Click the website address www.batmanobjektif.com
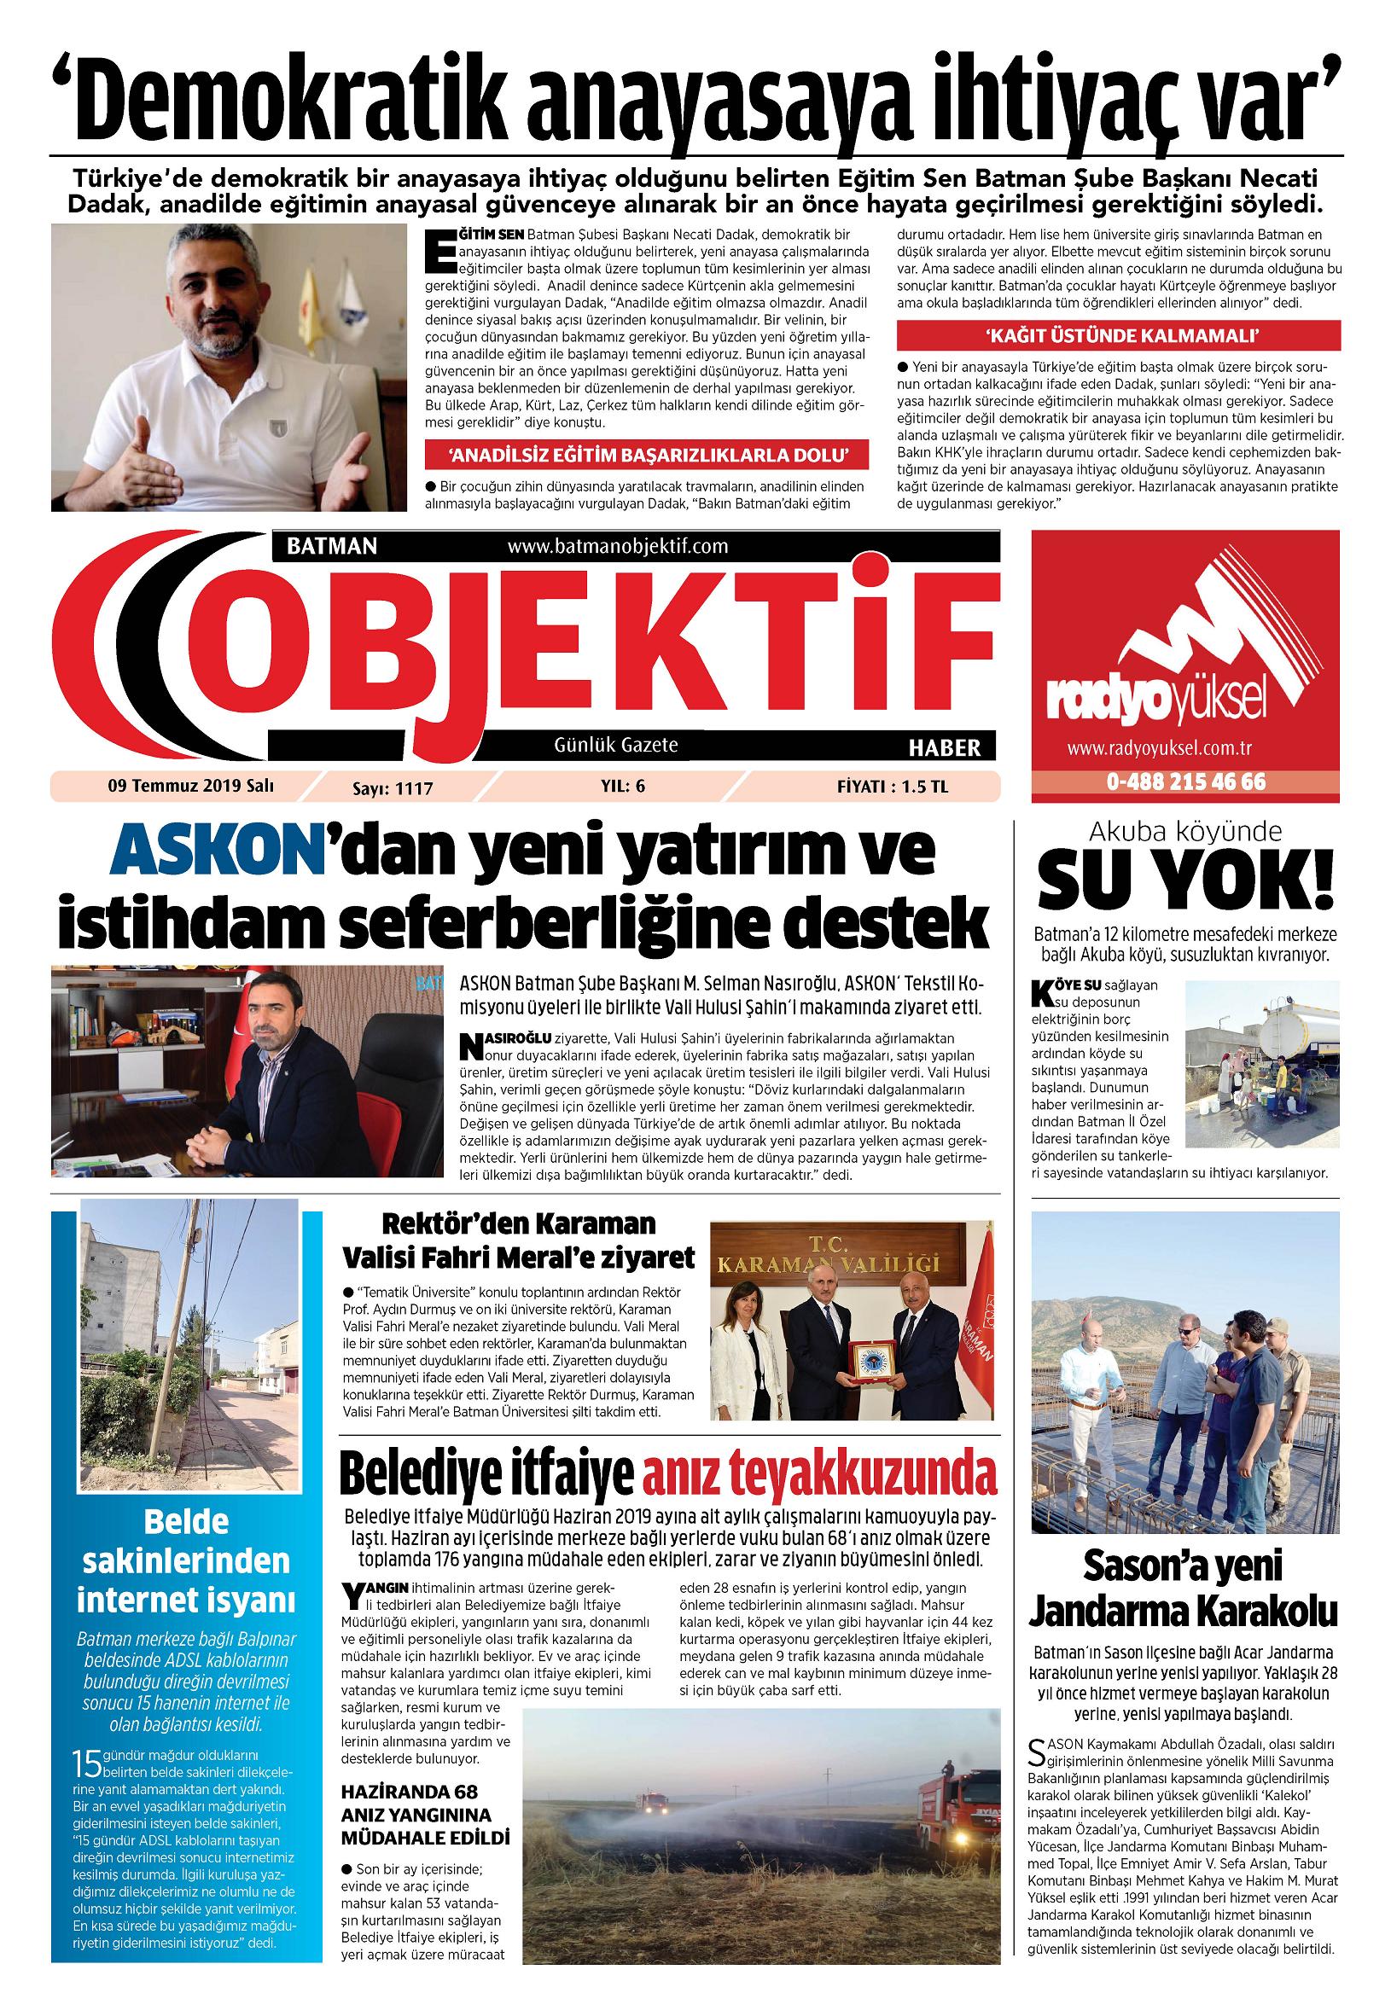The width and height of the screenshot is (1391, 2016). [x=616, y=546]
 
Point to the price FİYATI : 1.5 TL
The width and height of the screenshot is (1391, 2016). [x=892, y=787]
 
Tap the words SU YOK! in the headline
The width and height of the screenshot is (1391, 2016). [x=1186, y=889]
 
